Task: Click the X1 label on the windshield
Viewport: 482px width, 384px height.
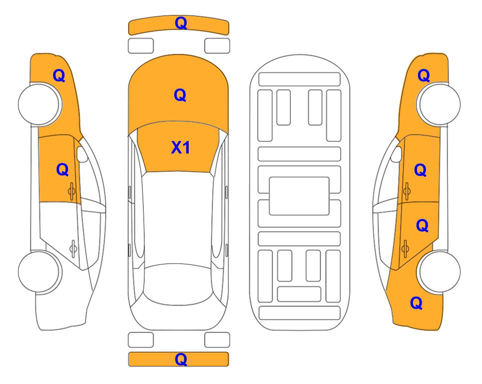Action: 181,147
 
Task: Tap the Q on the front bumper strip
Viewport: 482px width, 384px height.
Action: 181,23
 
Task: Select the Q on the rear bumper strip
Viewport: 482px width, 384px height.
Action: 181,359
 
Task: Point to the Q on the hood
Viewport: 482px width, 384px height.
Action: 180,95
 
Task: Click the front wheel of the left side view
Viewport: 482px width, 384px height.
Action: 40,104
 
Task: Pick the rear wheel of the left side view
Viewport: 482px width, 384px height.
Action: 40,271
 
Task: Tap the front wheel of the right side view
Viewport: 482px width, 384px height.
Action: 439,104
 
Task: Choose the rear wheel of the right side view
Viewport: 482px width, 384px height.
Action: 439,271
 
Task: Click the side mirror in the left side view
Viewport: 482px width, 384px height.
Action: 82,154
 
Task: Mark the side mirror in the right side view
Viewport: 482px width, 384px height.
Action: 396,154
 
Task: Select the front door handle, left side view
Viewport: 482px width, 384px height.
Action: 72,191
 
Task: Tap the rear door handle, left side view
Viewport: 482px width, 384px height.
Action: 73,248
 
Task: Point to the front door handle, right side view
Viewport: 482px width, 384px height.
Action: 407,191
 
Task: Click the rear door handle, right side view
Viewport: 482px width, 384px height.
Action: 405,248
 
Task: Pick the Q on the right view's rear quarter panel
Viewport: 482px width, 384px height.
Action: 416,303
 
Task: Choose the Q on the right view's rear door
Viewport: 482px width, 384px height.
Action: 422,225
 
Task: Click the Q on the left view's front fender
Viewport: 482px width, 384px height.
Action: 59,75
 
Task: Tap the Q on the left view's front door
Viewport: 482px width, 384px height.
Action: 63,169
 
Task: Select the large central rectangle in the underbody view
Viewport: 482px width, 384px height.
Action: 299,196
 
